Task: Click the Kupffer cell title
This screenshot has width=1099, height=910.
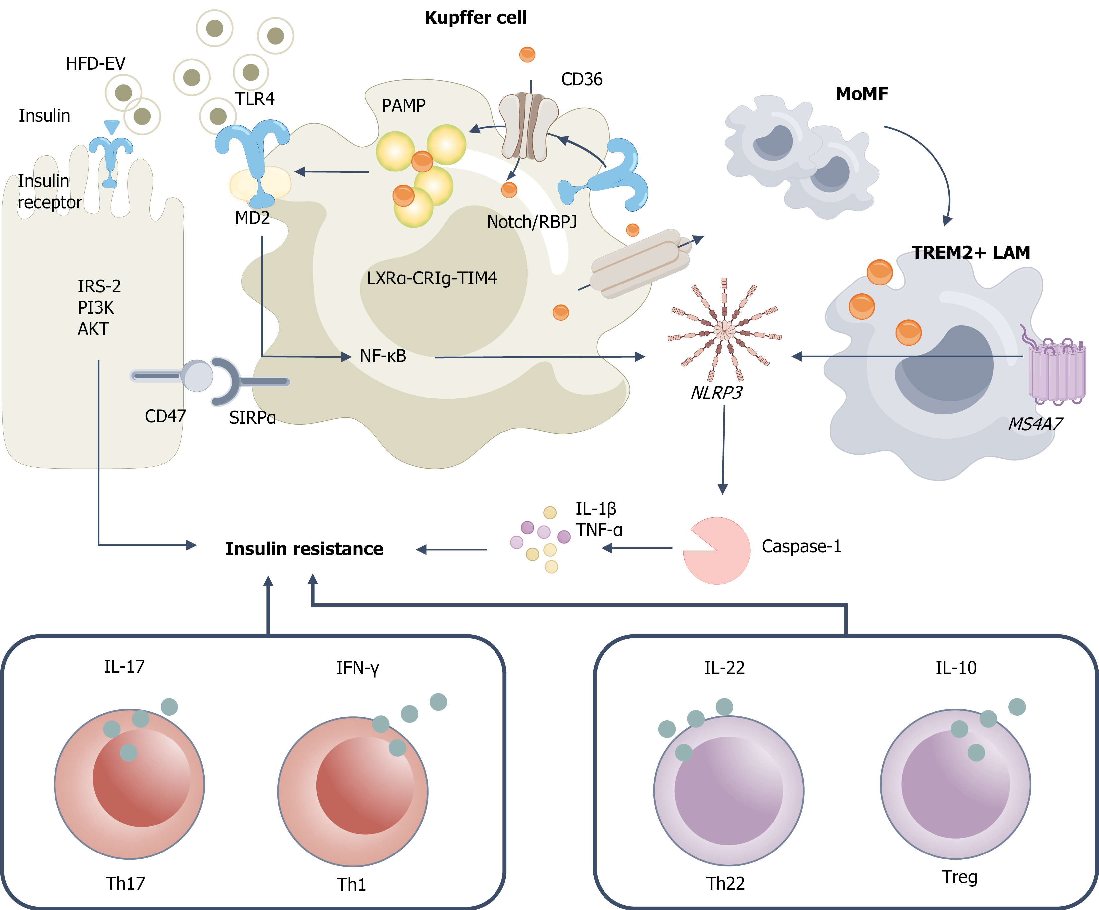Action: pos(476,18)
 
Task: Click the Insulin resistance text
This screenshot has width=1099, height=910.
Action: pos(304,549)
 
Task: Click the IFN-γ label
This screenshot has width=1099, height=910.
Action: pos(358,668)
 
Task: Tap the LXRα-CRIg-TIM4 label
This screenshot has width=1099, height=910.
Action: pos(431,278)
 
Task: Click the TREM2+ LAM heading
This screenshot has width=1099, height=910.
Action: pos(970,253)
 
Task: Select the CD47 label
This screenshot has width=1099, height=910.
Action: pos(165,416)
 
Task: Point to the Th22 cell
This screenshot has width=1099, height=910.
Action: pos(728,790)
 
